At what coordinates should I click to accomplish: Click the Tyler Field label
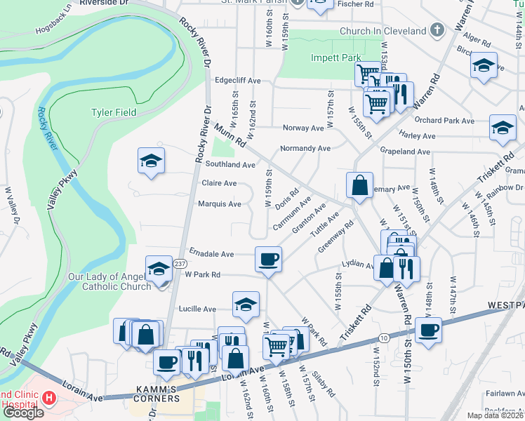(x=115, y=112)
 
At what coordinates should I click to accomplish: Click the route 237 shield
(x=179, y=262)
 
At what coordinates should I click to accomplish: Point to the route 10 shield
(x=383, y=338)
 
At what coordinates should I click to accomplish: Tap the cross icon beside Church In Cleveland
(x=437, y=31)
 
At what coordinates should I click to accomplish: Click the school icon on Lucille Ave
(x=246, y=304)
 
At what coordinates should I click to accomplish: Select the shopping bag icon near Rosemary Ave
(x=359, y=186)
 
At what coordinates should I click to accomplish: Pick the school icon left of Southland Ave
(x=152, y=161)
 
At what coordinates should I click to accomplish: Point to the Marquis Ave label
(x=221, y=204)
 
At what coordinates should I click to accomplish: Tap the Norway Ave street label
(x=303, y=128)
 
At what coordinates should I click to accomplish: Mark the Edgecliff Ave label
(x=237, y=80)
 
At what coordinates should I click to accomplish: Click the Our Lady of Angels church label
(x=116, y=281)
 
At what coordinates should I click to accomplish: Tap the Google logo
(x=23, y=413)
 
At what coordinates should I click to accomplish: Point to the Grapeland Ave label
(x=404, y=151)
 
